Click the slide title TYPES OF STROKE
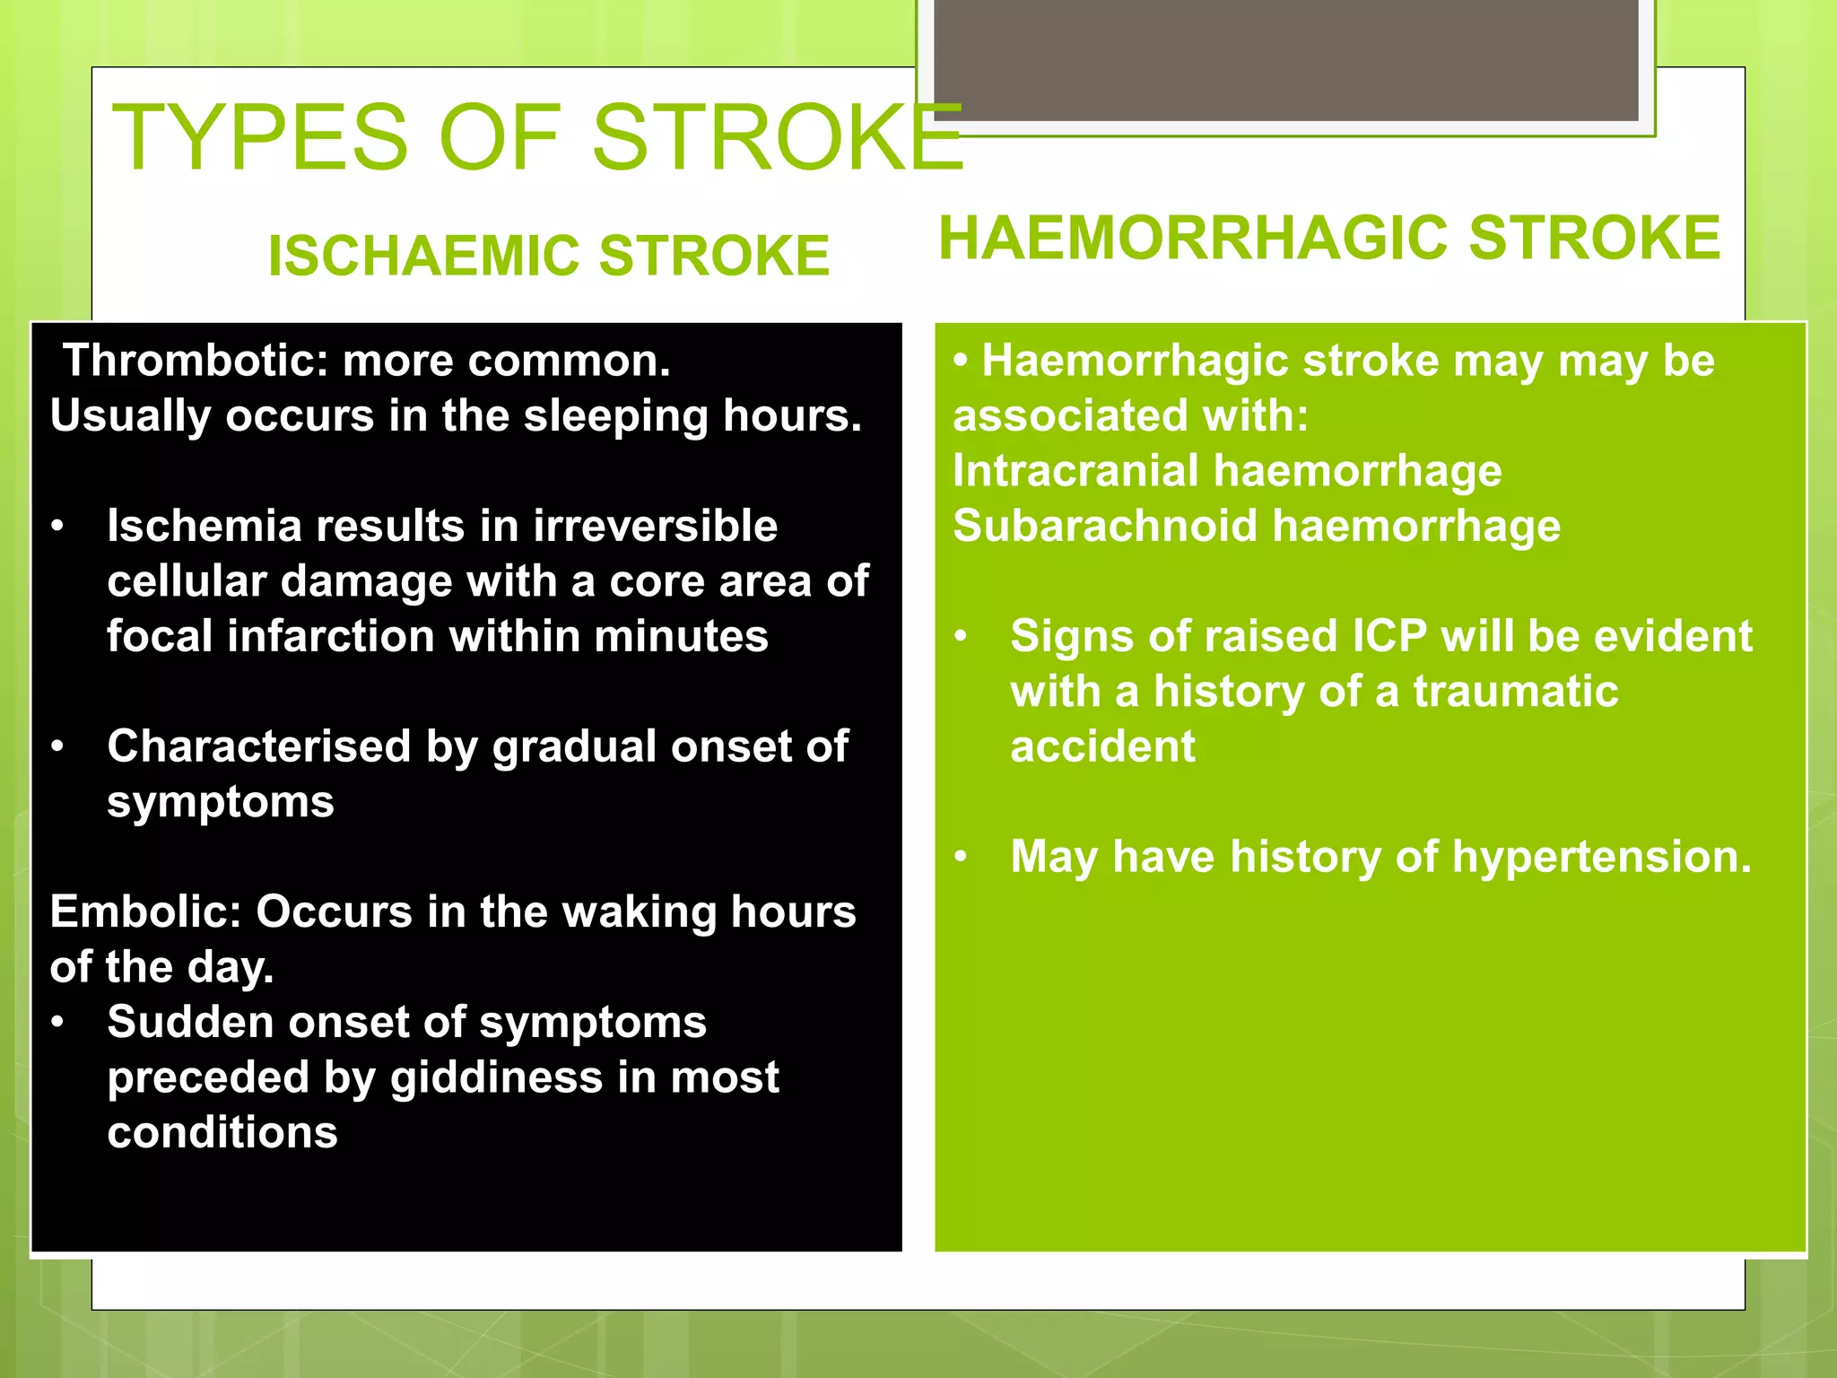(x=536, y=138)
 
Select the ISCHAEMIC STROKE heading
(x=548, y=256)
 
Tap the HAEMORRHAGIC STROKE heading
(x=1328, y=239)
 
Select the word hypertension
(x=1601, y=857)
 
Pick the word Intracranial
(x=1075, y=471)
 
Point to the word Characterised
(x=258, y=746)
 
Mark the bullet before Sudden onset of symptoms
(x=58, y=1023)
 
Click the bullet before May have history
(x=961, y=857)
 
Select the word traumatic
(x=1515, y=692)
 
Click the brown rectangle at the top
(x=1285, y=59)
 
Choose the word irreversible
(x=655, y=526)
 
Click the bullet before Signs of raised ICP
(x=961, y=636)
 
